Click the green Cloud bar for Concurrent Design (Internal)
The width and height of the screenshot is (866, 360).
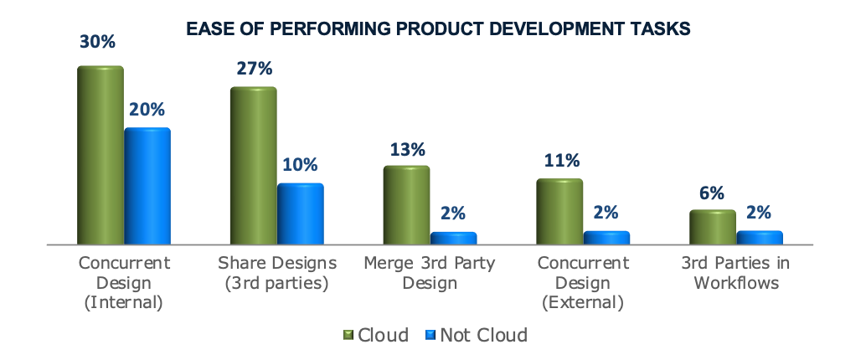tap(101, 155)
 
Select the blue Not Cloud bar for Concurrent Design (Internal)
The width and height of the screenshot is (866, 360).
tap(147, 186)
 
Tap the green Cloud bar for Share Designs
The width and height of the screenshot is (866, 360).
tap(253, 166)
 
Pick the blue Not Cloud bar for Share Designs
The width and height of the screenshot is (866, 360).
tap(300, 213)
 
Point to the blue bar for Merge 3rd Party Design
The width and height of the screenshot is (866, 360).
tap(453, 238)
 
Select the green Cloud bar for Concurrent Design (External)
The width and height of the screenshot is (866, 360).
tap(559, 211)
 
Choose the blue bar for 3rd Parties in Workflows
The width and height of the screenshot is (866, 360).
tap(759, 237)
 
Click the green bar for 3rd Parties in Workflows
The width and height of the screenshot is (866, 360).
tap(712, 227)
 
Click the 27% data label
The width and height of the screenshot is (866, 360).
tap(253, 69)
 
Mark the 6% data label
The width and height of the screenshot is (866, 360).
tap(712, 193)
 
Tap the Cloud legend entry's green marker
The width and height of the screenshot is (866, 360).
tap(349, 336)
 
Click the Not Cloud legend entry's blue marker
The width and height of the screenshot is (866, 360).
tap(432, 336)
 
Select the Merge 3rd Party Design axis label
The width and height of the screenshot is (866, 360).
tap(430, 273)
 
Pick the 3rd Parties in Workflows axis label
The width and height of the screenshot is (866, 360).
tap(736, 273)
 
